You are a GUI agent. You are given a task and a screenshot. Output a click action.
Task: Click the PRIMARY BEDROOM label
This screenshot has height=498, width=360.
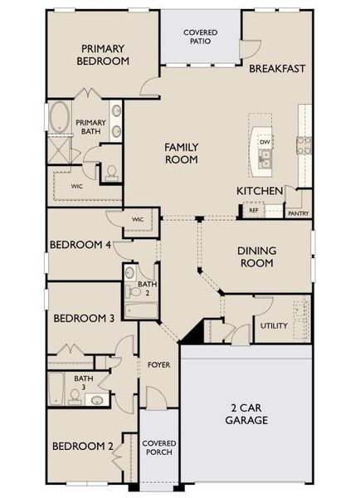tap(103, 55)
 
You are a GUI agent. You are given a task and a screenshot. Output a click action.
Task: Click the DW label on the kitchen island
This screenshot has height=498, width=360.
tap(265, 142)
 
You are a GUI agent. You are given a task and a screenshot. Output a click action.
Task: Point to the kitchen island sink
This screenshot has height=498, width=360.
tap(265, 159)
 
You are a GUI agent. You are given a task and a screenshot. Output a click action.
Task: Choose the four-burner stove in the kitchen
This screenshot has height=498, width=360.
tap(304, 145)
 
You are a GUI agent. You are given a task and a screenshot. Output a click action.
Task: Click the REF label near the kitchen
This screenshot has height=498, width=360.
tap(251, 211)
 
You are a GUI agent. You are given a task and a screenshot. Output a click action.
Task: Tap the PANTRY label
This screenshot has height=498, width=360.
tap(298, 212)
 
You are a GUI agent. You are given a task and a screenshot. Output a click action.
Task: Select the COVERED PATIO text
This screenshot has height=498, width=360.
tap(201, 37)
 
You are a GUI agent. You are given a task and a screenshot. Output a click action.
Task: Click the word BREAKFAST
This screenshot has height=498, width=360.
tap(278, 68)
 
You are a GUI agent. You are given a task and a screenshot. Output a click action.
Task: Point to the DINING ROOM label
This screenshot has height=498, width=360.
tap(257, 256)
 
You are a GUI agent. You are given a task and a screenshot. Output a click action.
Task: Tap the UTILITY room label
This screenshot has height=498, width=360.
tap(274, 325)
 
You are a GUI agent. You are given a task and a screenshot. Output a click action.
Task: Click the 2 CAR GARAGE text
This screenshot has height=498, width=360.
tap(246, 414)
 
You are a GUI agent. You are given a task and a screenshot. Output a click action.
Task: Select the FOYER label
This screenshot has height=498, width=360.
tap(158, 364)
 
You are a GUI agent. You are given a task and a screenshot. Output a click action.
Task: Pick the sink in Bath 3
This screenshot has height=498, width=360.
tap(96, 400)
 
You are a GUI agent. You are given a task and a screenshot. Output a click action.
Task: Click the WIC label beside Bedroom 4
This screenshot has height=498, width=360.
tap(138, 219)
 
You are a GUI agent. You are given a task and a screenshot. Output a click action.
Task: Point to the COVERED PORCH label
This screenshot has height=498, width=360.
tap(158, 448)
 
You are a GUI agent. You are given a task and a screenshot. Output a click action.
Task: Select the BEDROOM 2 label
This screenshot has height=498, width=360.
tap(83, 446)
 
